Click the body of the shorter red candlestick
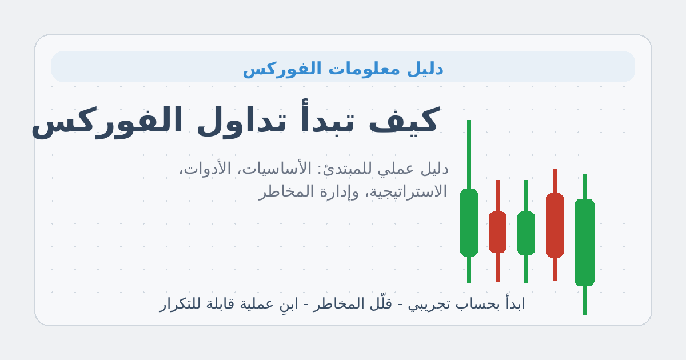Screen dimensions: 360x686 pos(497,232)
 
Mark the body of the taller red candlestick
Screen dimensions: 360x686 pos(555,225)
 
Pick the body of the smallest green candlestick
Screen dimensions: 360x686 pos(526,233)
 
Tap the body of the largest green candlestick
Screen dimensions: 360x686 pos(584,242)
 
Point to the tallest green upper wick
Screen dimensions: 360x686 pos(469,154)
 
